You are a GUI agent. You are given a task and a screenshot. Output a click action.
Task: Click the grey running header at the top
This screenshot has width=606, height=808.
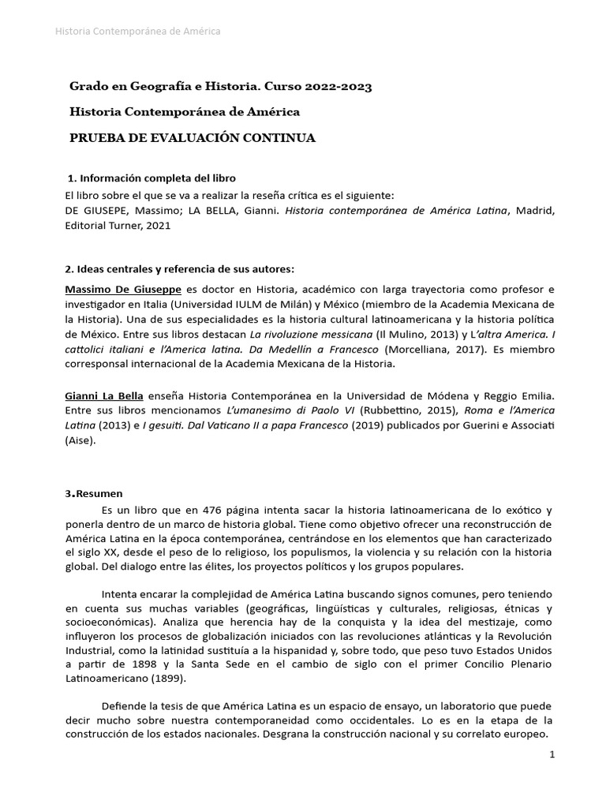(137, 31)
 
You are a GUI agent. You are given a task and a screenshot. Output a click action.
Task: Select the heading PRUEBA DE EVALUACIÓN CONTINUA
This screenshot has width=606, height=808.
(193, 138)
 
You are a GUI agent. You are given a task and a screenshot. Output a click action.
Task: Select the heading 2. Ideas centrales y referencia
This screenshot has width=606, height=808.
(181, 269)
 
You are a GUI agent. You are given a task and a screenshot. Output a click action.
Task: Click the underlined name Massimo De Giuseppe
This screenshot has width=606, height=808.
(123, 289)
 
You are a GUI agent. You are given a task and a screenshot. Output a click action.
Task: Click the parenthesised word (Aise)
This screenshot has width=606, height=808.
(81, 440)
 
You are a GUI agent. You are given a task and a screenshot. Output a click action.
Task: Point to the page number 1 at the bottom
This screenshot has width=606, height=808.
(552, 755)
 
